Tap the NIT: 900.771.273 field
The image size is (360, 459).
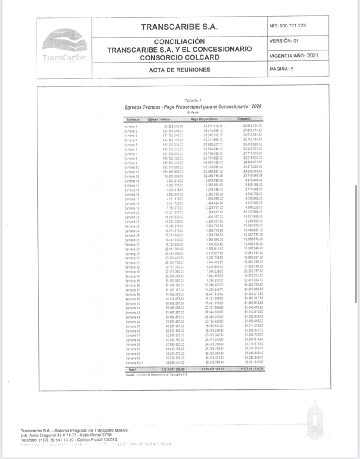(288, 26)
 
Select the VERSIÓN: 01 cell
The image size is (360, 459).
(284, 41)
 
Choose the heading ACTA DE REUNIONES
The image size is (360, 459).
(179, 70)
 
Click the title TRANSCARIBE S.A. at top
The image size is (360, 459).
(179, 27)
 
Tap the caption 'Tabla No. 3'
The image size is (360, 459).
(193, 100)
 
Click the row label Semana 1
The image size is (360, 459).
(130, 126)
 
